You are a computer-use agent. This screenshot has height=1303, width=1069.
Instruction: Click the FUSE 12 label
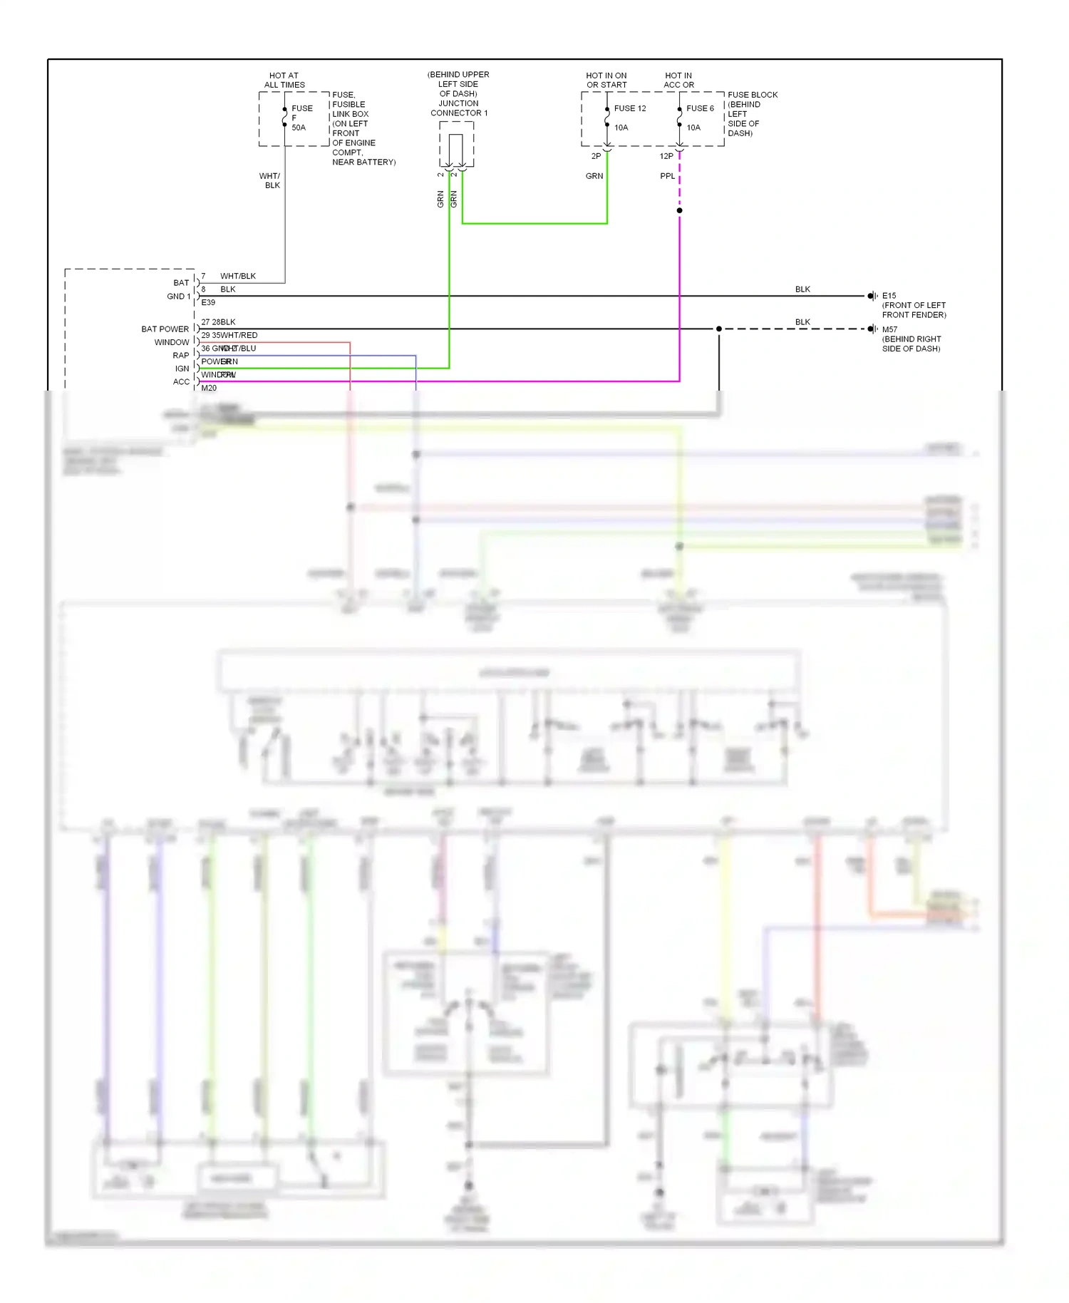click(x=630, y=108)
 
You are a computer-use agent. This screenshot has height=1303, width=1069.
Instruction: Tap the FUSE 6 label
click(x=700, y=108)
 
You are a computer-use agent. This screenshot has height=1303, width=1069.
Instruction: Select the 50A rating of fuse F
click(x=299, y=128)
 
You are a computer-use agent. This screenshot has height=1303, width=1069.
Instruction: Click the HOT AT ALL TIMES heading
click(x=284, y=80)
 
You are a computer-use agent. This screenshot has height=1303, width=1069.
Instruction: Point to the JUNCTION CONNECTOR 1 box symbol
click(x=456, y=145)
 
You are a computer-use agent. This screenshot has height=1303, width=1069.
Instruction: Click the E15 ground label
click(x=889, y=296)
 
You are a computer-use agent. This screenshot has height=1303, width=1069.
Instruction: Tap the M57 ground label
click(x=889, y=329)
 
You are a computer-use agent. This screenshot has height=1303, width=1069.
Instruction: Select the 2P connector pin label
click(x=596, y=156)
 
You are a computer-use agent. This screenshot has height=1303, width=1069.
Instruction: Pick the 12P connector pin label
click(x=666, y=156)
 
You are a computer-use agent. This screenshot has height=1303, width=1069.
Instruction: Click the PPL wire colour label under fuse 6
click(x=667, y=176)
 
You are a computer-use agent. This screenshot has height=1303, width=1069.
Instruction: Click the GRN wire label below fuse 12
click(x=594, y=176)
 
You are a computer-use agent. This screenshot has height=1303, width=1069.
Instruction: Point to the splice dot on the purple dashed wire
click(x=679, y=210)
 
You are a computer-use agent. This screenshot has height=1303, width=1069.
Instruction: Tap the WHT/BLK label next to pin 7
click(x=238, y=276)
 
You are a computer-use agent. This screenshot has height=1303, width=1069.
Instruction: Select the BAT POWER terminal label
click(x=165, y=329)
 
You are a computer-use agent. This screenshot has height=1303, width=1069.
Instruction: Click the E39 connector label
click(x=208, y=302)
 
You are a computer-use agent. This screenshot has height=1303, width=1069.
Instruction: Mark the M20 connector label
click(x=209, y=388)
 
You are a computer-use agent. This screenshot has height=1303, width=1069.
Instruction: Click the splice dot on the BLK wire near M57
click(x=718, y=329)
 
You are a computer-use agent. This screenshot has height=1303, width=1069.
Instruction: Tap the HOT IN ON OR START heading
click(x=606, y=80)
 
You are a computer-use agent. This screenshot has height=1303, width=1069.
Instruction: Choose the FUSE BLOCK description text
click(x=752, y=113)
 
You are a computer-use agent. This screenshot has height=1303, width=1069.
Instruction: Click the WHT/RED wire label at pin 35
click(x=239, y=335)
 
